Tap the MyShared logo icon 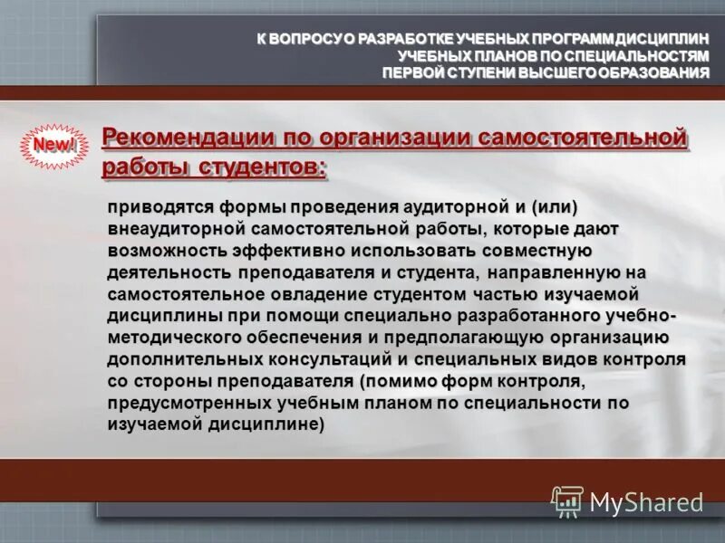pos(567,501)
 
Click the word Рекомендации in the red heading pos(177,138)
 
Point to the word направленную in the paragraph pos(564,272)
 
